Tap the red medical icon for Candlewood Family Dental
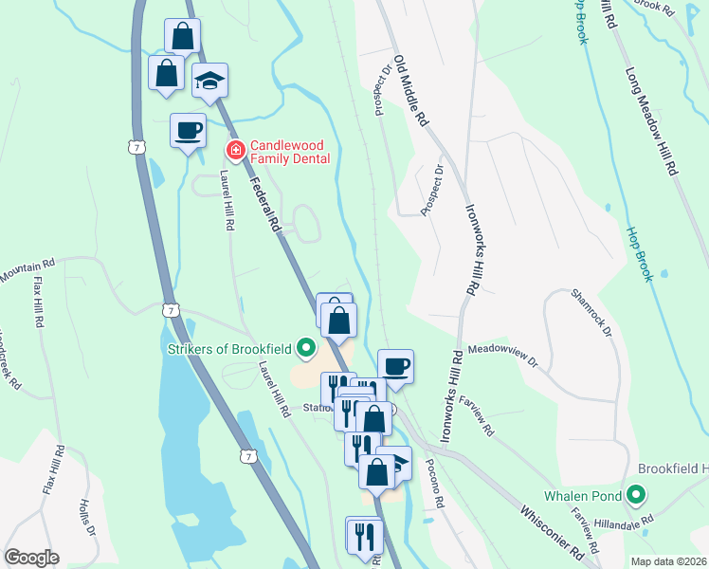coord(234,150)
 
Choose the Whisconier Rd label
coord(550,532)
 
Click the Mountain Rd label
coord(28,272)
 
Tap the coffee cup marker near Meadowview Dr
coord(395,366)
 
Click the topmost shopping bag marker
coord(182,37)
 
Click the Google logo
coord(31,558)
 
